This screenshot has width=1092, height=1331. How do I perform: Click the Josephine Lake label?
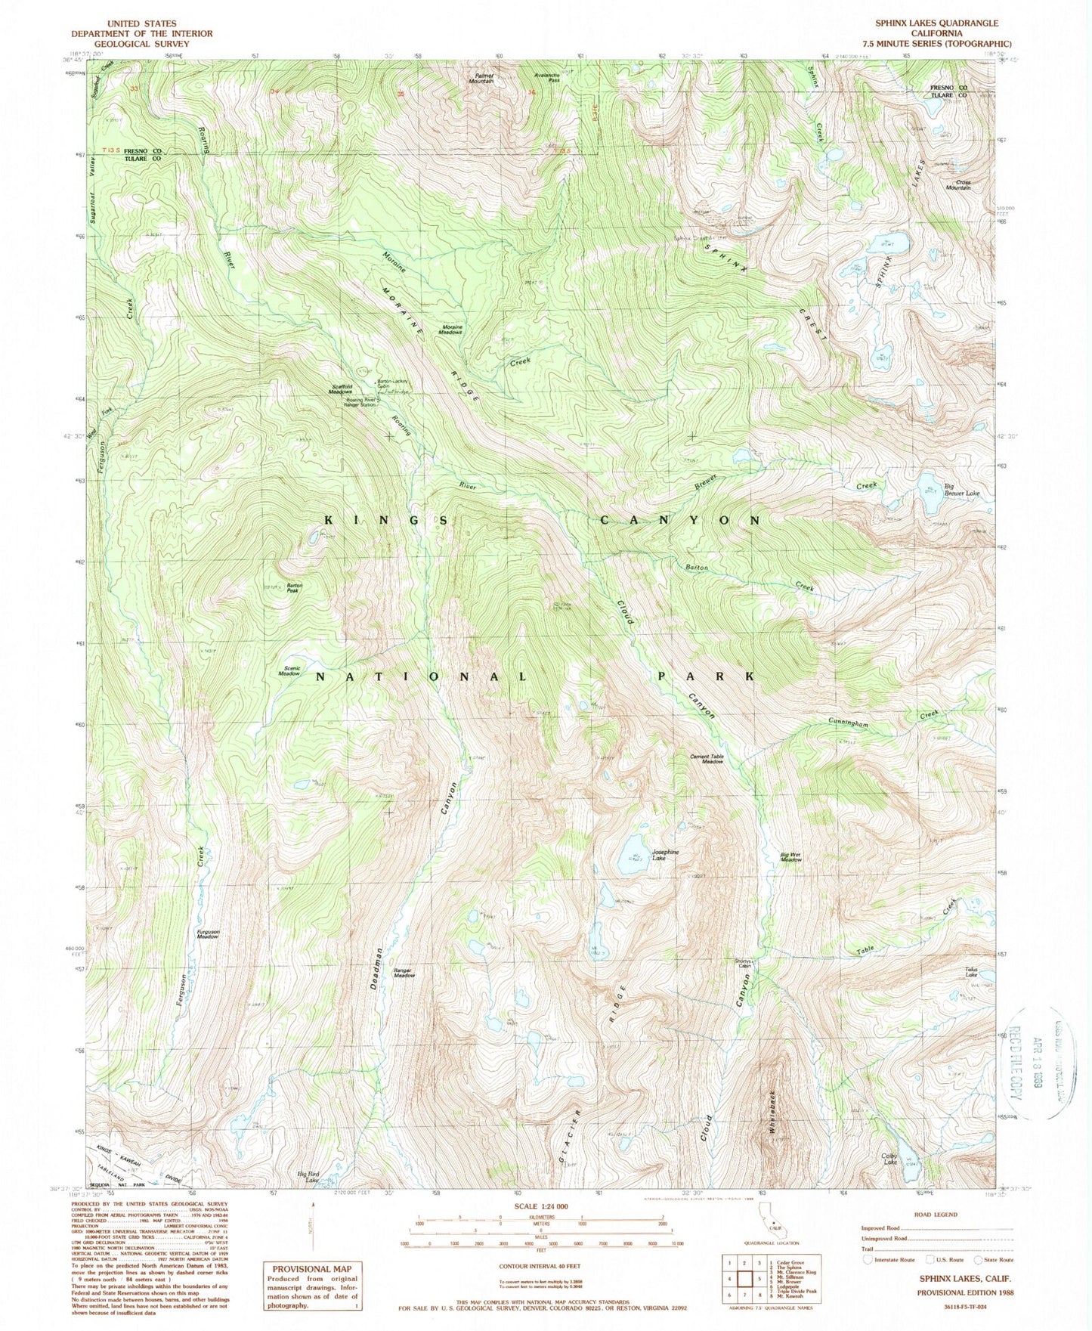[666, 855]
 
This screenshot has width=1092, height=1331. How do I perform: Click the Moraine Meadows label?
[452, 329]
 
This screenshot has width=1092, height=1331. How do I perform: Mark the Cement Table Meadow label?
[707, 759]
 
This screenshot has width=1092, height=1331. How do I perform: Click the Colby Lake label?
[889, 1157]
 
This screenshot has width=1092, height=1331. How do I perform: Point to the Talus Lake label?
[972, 973]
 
